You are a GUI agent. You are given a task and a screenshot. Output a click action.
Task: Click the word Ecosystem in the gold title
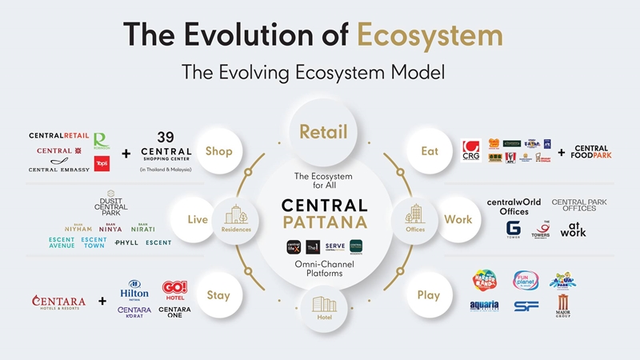(430, 35)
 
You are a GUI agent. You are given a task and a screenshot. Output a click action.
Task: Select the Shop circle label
(218, 150)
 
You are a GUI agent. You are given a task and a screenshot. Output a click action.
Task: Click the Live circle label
(198, 219)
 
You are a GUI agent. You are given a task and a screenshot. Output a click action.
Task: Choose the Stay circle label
(218, 295)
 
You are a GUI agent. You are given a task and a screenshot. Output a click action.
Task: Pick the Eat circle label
(430, 150)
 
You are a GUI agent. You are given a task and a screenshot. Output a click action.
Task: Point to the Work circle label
(457, 219)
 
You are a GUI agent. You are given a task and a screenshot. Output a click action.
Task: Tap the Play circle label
(429, 295)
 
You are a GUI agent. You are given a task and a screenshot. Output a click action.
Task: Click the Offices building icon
(415, 214)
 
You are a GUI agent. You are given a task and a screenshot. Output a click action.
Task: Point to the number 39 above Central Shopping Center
(166, 137)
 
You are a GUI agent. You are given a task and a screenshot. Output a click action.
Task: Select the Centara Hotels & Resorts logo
(58, 302)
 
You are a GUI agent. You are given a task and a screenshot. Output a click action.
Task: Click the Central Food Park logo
(591, 152)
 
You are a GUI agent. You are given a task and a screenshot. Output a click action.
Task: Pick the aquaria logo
(485, 305)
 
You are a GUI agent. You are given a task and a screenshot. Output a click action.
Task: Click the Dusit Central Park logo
(110, 207)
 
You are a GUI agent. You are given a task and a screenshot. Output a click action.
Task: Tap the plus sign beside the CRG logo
(561, 152)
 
